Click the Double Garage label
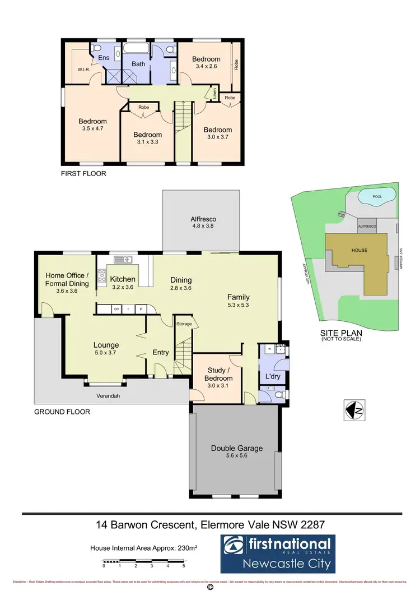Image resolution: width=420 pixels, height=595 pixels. pos(236,448)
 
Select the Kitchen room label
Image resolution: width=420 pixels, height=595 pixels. pos(122,279)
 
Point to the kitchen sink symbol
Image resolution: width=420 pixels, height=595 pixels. pos(122,259)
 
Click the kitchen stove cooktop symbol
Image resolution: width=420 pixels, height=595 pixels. pos(102,275)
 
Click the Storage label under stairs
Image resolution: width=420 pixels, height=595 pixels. pos(184,324)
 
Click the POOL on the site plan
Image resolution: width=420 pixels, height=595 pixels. pos(377,197)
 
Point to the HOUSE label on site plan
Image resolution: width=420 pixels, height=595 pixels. pos(360,250)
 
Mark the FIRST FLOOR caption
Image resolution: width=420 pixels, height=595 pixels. pos(83,174)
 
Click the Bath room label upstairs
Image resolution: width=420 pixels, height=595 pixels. pos(138,64)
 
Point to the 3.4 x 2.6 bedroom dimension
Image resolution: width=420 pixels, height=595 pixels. pos(206,66)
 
